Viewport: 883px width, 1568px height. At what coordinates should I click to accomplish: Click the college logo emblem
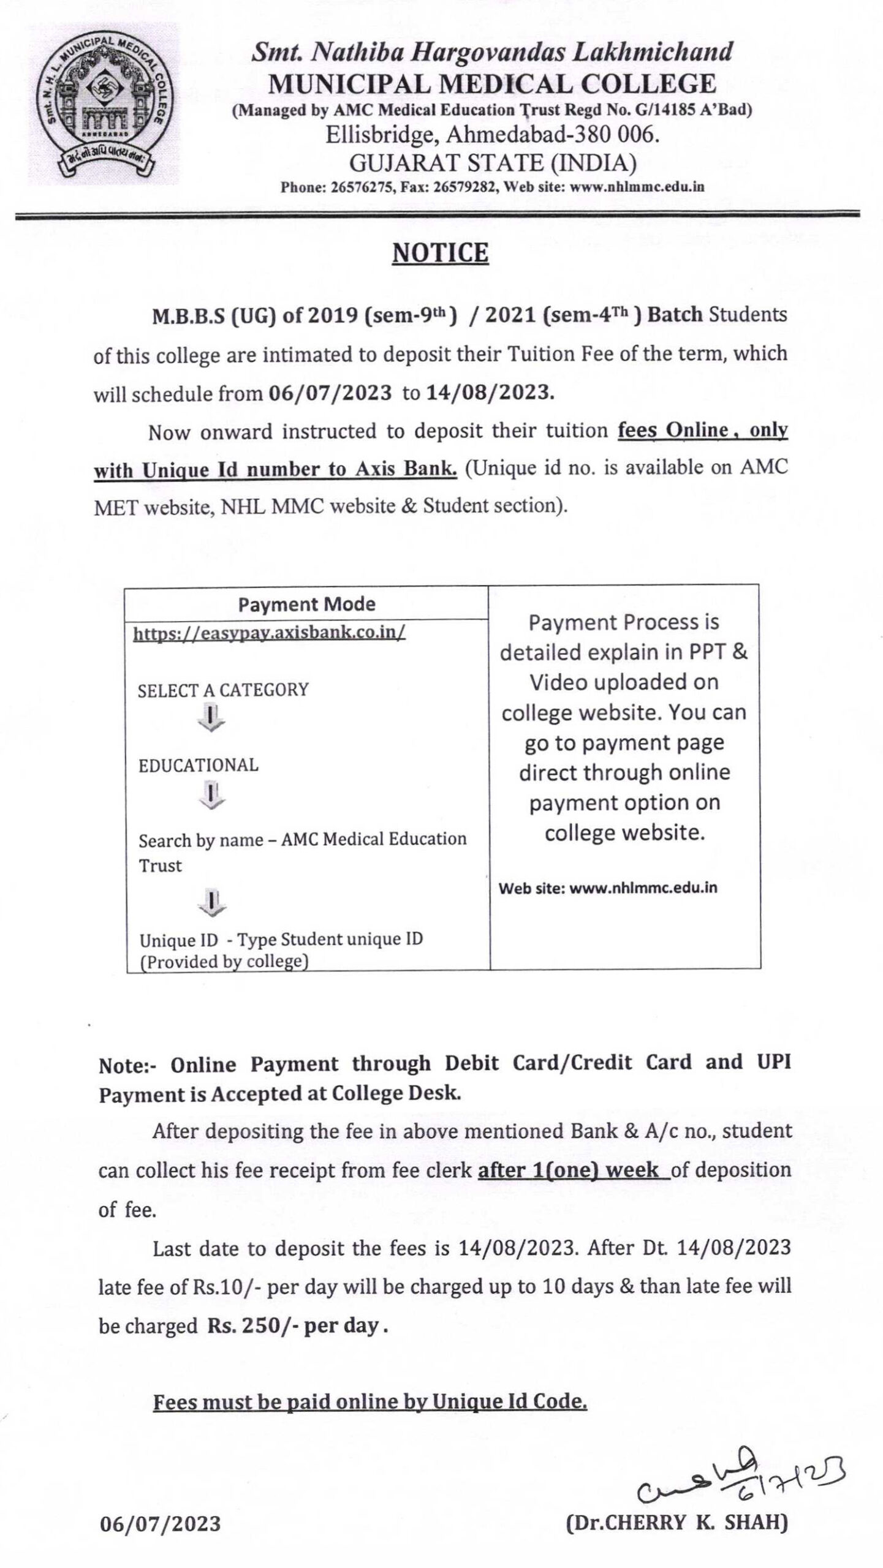pyautogui.click(x=103, y=104)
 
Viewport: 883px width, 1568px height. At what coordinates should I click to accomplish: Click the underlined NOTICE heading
pyautogui.click(x=440, y=253)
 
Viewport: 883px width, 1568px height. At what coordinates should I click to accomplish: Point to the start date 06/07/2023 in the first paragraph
pyautogui.click(x=330, y=393)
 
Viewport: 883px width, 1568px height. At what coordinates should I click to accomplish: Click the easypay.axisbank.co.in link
pyautogui.click(x=269, y=632)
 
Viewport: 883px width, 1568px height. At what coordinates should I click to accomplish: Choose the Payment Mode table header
pyautogui.click(x=306, y=605)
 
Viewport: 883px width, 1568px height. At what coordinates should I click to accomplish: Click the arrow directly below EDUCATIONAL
pyautogui.click(x=211, y=795)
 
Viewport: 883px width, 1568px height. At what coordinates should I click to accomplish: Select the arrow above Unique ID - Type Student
pyautogui.click(x=211, y=903)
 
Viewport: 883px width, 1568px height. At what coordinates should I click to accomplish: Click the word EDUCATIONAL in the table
pyautogui.click(x=199, y=765)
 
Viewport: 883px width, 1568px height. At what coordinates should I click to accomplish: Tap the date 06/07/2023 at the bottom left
pyautogui.click(x=160, y=1536)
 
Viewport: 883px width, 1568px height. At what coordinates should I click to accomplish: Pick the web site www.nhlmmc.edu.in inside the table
pyautogui.click(x=643, y=888)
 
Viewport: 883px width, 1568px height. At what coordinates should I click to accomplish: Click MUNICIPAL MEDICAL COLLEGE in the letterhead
pyautogui.click(x=492, y=84)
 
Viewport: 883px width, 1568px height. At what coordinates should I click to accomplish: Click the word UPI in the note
pyautogui.click(x=775, y=1061)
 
